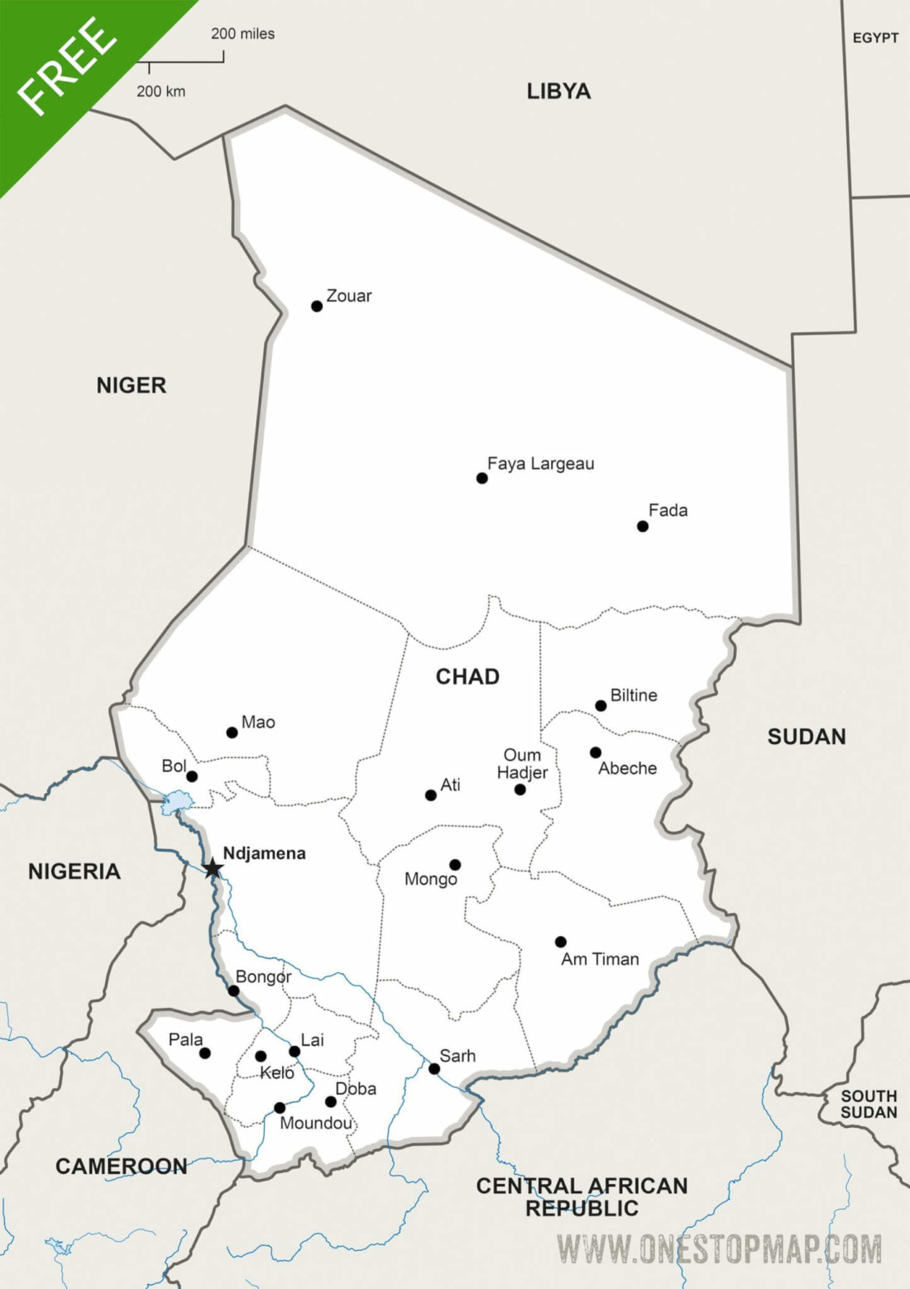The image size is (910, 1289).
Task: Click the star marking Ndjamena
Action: click(x=213, y=868)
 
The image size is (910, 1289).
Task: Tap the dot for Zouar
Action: click(x=317, y=306)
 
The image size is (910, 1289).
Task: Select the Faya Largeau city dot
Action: click(x=482, y=478)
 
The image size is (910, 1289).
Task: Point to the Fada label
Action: click(x=668, y=510)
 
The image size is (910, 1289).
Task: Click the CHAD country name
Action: click(x=467, y=676)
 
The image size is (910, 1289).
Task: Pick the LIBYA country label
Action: click(x=558, y=91)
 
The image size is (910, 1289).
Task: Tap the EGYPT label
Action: click(x=875, y=38)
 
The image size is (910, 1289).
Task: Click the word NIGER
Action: click(x=132, y=385)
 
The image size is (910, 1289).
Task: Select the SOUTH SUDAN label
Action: click(x=869, y=1104)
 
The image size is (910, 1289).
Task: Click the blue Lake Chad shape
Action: click(x=176, y=802)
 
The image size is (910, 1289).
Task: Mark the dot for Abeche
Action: click(x=596, y=752)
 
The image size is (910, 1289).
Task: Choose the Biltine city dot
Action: click(x=601, y=705)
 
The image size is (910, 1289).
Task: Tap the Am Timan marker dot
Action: click(x=561, y=942)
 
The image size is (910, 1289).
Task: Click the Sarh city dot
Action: click(x=434, y=1069)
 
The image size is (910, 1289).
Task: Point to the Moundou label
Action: click(x=315, y=1123)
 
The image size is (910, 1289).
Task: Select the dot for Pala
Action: click(x=205, y=1053)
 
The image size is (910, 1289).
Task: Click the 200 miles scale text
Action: click(x=242, y=34)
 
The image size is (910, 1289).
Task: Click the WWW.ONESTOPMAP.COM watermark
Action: click(x=719, y=1248)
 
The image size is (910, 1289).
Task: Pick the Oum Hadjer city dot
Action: click(x=520, y=790)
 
